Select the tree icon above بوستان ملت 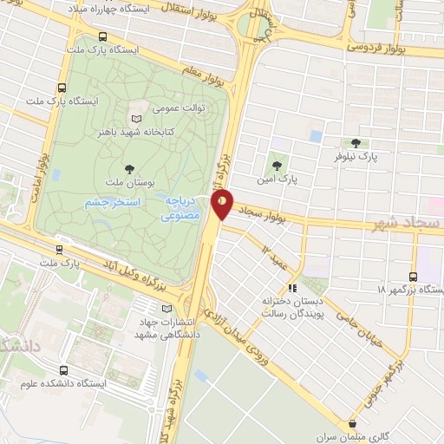coord(129,168)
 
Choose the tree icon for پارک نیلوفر coord(354,143)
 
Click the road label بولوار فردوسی coord(378,44)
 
